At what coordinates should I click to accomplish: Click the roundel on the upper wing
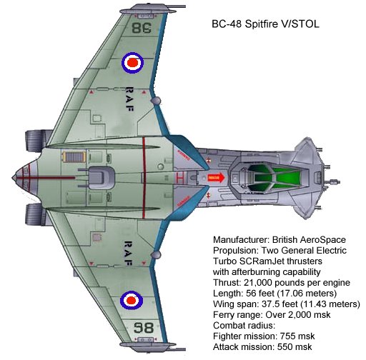coord(133,63)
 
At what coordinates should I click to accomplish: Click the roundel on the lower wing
coord(132,300)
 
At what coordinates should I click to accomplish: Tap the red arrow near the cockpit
coord(217,178)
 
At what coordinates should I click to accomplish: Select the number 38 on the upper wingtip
coord(142,28)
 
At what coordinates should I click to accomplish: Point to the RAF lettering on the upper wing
coord(129,99)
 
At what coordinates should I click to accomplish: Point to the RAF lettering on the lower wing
coord(128,254)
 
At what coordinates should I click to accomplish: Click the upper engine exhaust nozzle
coord(36,141)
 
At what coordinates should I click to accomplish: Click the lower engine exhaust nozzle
coord(35,214)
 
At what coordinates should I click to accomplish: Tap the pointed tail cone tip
coord(13,177)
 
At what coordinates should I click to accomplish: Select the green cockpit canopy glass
coord(274,177)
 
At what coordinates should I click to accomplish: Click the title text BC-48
coord(226,24)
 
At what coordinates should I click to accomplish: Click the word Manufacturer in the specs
coord(242,240)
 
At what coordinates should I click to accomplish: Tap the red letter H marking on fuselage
coord(180,178)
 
